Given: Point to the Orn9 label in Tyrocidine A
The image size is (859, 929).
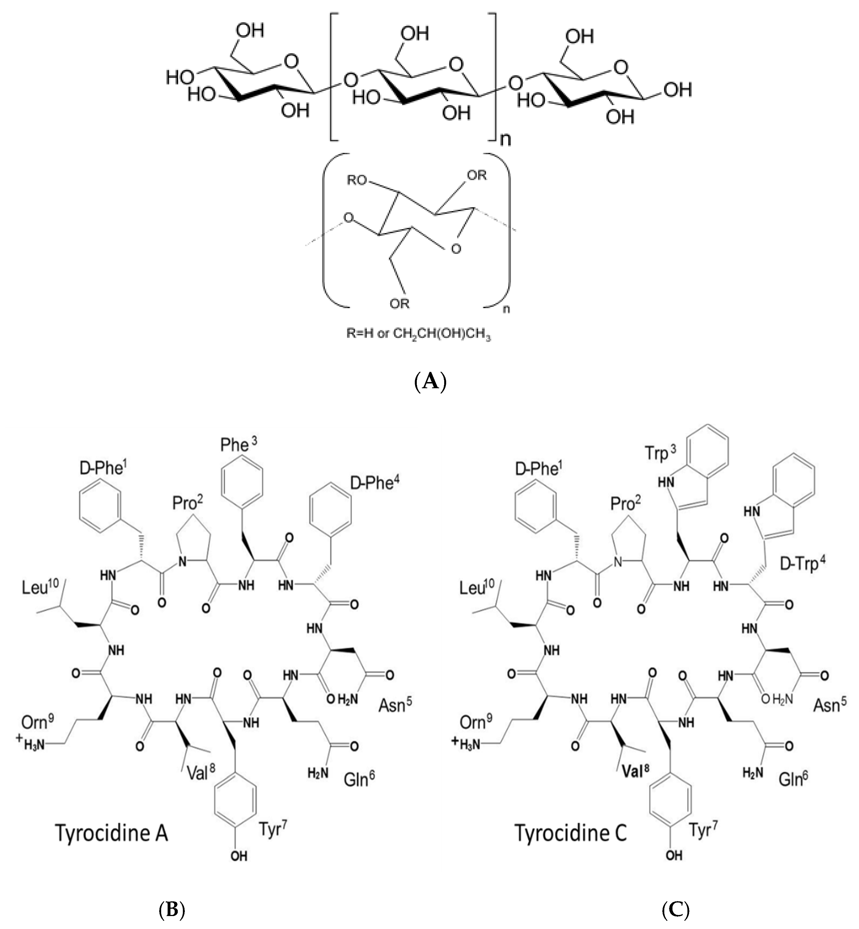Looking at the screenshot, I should pos(38,722).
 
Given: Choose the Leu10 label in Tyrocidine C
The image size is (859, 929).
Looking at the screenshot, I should pos(478,589).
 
